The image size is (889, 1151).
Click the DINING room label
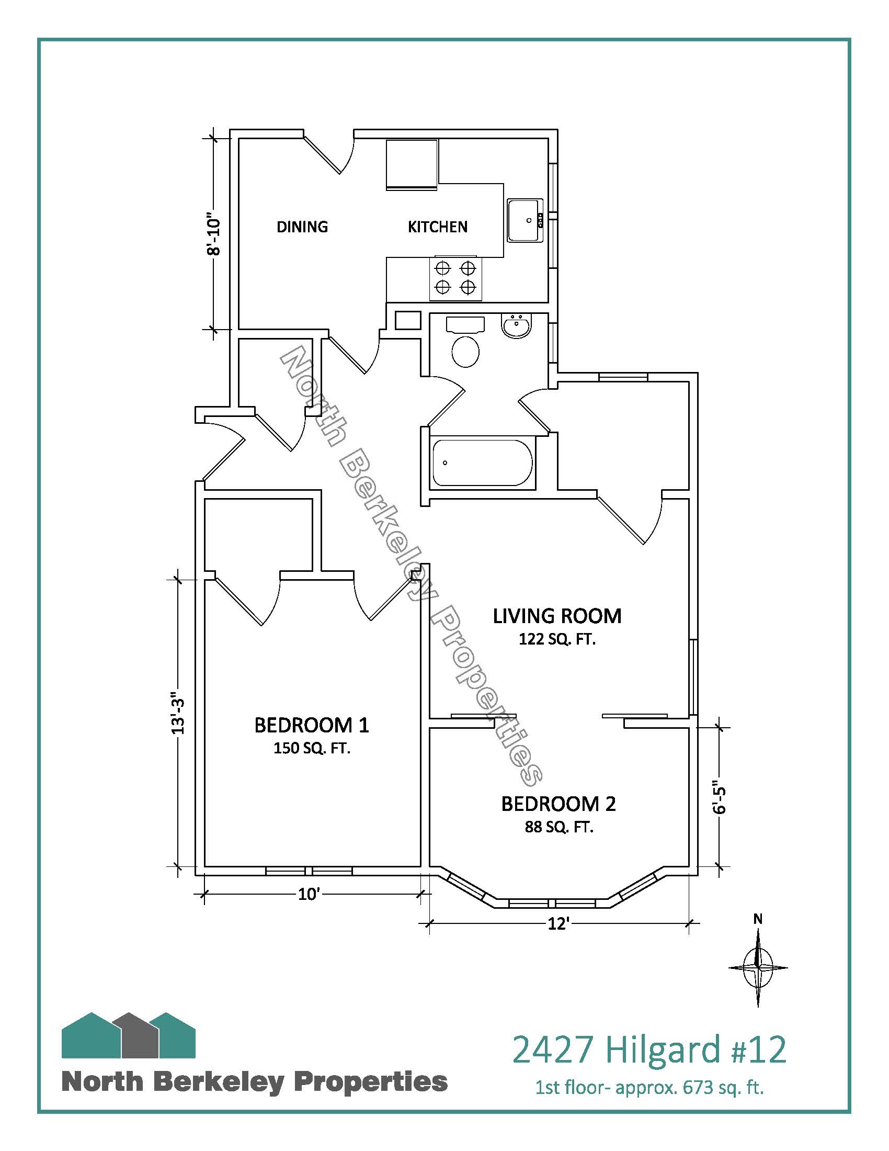[302, 227]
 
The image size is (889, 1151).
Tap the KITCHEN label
[438, 227]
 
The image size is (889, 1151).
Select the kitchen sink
[525, 220]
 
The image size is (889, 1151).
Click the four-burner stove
[455, 278]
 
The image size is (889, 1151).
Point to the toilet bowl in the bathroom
[465, 351]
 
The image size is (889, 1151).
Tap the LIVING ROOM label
[557, 616]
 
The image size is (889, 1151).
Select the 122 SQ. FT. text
[557, 639]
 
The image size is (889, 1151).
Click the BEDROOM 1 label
[312, 725]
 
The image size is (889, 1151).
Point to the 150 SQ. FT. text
[312, 748]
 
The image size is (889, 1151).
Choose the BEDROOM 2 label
[559, 804]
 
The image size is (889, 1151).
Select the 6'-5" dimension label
[720, 796]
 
